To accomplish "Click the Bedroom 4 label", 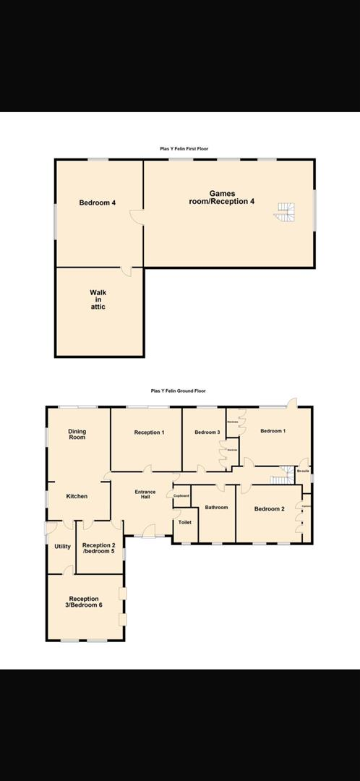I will pyautogui.click(x=98, y=203).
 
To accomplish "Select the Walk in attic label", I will pyautogui.click(x=98, y=300).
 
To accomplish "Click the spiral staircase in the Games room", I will pyautogui.click(x=286, y=211).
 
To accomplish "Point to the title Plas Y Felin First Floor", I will pyautogui.click(x=184, y=148).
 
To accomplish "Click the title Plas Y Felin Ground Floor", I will pyautogui.click(x=179, y=390).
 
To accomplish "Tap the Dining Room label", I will pyautogui.click(x=77, y=435).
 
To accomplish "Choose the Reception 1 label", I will pyautogui.click(x=149, y=432).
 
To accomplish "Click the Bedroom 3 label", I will pyautogui.click(x=207, y=432).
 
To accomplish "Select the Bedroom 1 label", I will pyautogui.click(x=273, y=431).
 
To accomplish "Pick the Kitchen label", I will pyautogui.click(x=77, y=496).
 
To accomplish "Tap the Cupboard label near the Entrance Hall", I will pyautogui.click(x=181, y=495).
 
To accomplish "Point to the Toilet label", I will pyautogui.click(x=184, y=521).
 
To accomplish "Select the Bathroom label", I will pyautogui.click(x=216, y=508).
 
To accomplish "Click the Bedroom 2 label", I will pyautogui.click(x=269, y=509).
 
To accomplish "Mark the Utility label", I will pyautogui.click(x=62, y=546).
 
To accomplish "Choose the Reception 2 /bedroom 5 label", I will pyautogui.click(x=99, y=548).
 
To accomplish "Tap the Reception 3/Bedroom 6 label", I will pyautogui.click(x=85, y=602).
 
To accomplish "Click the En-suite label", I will pyautogui.click(x=304, y=471).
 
